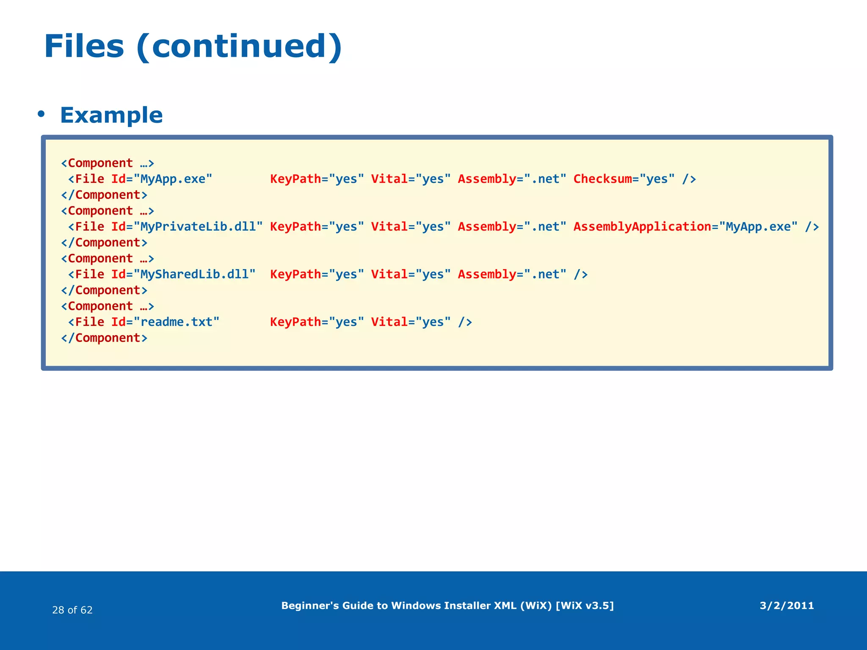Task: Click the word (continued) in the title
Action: click(239, 47)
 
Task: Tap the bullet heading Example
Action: click(111, 115)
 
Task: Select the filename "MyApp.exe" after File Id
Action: click(173, 179)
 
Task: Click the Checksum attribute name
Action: click(602, 179)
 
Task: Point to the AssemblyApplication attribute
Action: click(642, 227)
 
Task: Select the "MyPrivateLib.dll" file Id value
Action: click(198, 227)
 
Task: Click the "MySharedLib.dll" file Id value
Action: click(194, 275)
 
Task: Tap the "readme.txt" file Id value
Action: click(177, 322)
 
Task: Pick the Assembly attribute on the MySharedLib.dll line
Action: click(487, 275)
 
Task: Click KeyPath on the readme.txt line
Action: click(295, 322)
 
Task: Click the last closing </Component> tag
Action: click(104, 338)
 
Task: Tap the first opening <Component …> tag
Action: click(108, 163)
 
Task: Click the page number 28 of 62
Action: click(72, 610)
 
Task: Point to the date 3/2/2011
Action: click(787, 606)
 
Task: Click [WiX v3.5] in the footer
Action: click(584, 606)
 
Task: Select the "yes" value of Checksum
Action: click(657, 179)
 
